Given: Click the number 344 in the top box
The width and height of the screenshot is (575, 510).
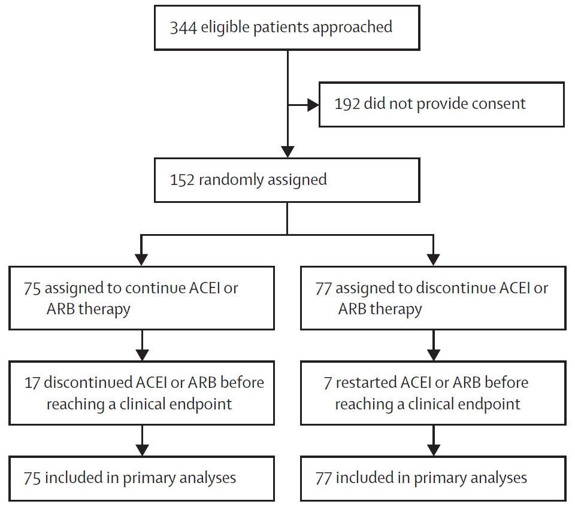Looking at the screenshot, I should tap(183, 27).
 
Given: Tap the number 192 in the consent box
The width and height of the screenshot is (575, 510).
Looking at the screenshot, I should tap(347, 104).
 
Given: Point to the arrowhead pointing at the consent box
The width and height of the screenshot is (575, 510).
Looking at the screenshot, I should tap(313, 104).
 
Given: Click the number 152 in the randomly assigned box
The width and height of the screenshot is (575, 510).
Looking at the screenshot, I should tap(182, 180).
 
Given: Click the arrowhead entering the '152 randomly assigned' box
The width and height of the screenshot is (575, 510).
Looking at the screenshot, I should tap(288, 151).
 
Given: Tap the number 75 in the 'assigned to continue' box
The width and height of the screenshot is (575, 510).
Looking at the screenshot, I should tap(32, 288).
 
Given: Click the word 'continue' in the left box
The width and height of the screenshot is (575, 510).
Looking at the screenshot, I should tap(151, 288).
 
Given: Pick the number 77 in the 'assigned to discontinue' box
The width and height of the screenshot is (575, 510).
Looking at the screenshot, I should tap(323, 288).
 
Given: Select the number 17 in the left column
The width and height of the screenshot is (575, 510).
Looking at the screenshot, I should tap(32, 382).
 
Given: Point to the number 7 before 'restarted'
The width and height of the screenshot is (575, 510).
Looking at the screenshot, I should tap(327, 382).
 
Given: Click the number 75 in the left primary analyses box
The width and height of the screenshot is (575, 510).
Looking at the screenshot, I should tap(32, 477).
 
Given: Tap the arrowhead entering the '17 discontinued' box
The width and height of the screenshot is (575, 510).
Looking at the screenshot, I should tap(141, 355).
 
